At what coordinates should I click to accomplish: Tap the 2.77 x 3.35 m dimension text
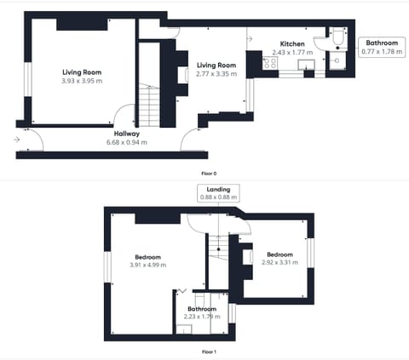[216, 74]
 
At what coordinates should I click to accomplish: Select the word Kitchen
[292, 43]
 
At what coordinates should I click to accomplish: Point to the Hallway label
[127, 134]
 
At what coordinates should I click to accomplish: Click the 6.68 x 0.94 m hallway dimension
[127, 142]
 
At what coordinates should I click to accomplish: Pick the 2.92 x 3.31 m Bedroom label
[279, 259]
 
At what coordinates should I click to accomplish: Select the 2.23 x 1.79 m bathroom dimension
[202, 317]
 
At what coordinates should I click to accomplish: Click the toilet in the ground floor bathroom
[338, 41]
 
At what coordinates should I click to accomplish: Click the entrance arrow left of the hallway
[18, 139]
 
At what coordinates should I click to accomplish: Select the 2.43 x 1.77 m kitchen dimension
[292, 52]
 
